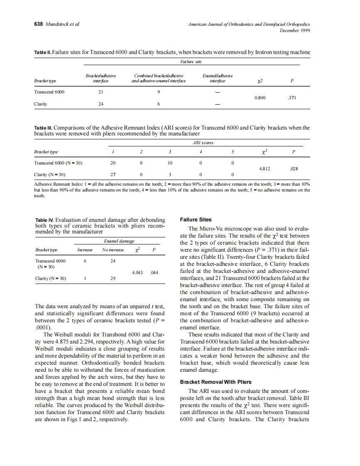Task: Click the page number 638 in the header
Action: (38, 24)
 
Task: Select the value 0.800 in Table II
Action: (260, 98)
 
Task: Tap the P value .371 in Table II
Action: (292, 98)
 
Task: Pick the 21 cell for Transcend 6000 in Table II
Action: (100, 92)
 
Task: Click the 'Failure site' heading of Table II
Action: (191, 61)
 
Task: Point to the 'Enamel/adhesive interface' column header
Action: (217, 78)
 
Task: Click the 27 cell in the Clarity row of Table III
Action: (112, 175)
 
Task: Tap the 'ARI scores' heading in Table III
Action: (203, 142)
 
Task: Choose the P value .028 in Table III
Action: (293, 169)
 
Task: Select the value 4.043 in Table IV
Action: (137, 273)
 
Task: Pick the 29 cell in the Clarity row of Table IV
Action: (113, 279)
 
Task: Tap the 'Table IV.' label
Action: (44, 220)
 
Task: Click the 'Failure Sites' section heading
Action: (195, 220)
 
